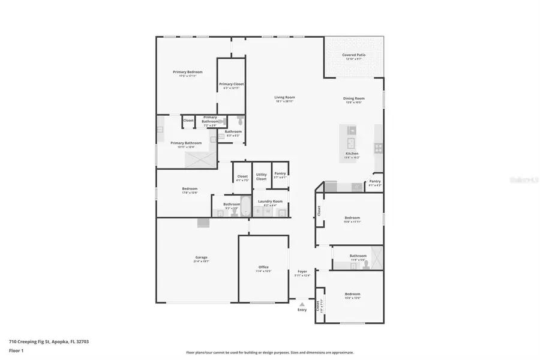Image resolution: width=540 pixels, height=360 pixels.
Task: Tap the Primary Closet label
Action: coord(231,84)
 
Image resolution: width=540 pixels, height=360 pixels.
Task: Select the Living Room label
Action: coord(285,97)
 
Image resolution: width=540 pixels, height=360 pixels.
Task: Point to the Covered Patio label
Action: coord(354,55)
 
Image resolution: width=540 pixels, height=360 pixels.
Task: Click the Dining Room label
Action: coord(354,98)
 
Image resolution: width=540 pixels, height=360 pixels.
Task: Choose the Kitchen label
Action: coord(352,154)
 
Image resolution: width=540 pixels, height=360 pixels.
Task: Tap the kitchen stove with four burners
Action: coord(379,147)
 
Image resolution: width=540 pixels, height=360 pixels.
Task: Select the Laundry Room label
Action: coord(269,201)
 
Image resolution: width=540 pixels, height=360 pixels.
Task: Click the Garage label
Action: coord(201,257)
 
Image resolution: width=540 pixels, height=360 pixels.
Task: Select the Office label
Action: coord(263,267)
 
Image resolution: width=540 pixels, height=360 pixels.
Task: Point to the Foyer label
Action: coord(302,271)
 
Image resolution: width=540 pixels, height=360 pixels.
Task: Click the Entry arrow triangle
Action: coord(302,304)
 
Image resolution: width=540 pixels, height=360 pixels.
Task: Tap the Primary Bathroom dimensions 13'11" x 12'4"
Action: coord(185,147)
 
